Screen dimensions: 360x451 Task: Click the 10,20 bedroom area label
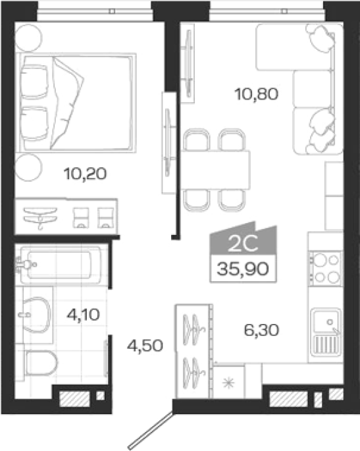pyautogui.click(x=85, y=174)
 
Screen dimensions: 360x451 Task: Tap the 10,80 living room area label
pyautogui.click(x=257, y=94)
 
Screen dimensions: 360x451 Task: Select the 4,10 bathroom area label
pyautogui.click(x=83, y=314)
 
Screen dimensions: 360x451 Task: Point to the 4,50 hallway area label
pyautogui.click(x=145, y=346)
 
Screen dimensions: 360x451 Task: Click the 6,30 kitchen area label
pyautogui.click(x=261, y=330)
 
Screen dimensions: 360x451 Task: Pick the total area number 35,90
pyautogui.click(x=243, y=269)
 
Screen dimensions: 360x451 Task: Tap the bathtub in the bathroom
pyautogui.click(x=60, y=265)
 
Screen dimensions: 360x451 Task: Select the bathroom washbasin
pyautogui.click(x=36, y=315)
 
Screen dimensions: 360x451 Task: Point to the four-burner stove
pyautogui.click(x=326, y=269)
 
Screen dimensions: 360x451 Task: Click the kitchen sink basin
pyautogui.click(x=326, y=320)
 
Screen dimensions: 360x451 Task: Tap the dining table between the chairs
pyautogui.click(x=215, y=170)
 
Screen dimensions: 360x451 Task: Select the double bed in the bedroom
pyautogui.click(x=76, y=103)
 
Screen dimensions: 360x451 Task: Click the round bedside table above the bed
pyautogui.click(x=28, y=38)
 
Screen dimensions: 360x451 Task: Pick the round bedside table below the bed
pyautogui.click(x=28, y=167)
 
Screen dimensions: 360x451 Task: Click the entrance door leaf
pyautogui.click(x=150, y=431)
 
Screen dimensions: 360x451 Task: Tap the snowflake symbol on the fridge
pyautogui.click(x=229, y=383)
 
